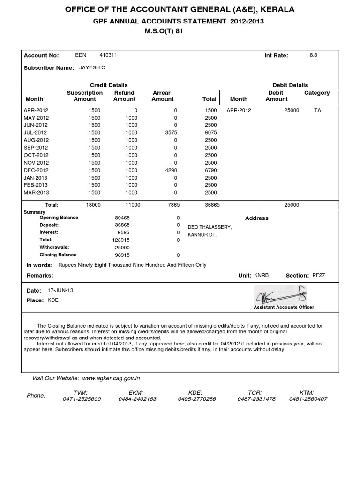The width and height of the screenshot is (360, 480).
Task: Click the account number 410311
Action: coord(108,55)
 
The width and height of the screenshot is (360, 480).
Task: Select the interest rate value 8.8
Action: coord(313,55)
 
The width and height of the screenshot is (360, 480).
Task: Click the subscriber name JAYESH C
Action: coord(92,67)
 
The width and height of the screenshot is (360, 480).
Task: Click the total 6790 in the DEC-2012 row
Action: coord(210,170)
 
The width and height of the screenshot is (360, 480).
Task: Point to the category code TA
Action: coord(317,110)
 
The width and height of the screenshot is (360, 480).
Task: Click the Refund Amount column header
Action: coord(124,96)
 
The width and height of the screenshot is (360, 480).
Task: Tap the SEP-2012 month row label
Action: coord(36,148)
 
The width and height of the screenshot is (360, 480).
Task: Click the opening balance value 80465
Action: coord(122,218)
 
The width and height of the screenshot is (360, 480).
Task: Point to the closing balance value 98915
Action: coord(122,255)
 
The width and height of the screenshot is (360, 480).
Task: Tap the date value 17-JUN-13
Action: coord(60,290)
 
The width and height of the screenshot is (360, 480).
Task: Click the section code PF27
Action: coord(318,275)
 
